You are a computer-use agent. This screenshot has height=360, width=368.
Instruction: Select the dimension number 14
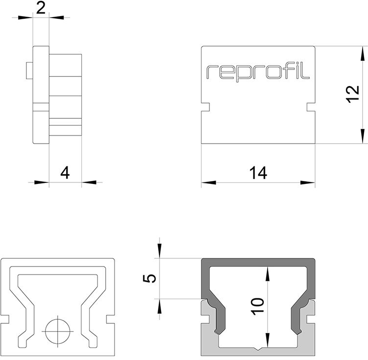tap(257, 173)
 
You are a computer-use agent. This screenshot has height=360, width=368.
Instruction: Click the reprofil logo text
tap(258, 72)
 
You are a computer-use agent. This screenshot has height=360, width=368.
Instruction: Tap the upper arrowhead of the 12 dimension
tap(363, 53)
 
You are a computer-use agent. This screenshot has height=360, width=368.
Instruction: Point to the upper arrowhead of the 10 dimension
tap(267, 272)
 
